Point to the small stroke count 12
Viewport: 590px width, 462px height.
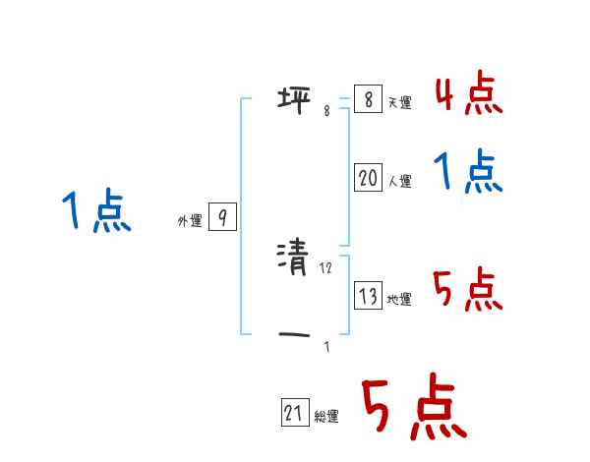[327, 268]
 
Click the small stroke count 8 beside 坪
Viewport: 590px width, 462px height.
[326, 111]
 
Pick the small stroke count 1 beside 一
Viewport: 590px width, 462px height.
[326, 347]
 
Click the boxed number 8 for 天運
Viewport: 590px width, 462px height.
[367, 99]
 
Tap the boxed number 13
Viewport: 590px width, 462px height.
[368, 295]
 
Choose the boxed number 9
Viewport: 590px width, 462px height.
[222, 217]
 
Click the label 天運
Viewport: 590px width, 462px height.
[399, 103]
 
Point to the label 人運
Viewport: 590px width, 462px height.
[399, 182]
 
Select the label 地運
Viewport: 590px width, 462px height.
[399, 300]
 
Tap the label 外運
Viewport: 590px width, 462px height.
[190, 222]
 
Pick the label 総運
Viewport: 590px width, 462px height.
[326, 418]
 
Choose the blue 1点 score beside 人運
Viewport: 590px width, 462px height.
[468, 173]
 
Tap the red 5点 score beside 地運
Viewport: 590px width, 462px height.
[468, 290]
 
